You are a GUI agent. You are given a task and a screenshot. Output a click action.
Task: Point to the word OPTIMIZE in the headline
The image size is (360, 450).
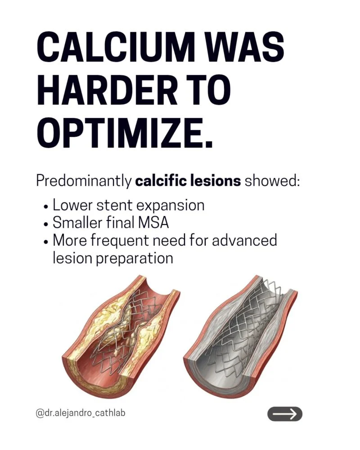pos(125,131)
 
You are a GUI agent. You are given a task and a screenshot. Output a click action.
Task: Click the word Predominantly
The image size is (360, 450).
pos(83,181)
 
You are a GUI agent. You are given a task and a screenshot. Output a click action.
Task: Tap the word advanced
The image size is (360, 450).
pos(244,240)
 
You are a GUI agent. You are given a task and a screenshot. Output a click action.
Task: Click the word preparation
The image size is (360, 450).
pos(134,258)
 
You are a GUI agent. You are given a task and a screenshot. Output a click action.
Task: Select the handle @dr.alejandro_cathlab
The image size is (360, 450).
pos(81,414)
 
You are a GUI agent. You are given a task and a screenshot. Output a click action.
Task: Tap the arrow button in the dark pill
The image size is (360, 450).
pos(284,414)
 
